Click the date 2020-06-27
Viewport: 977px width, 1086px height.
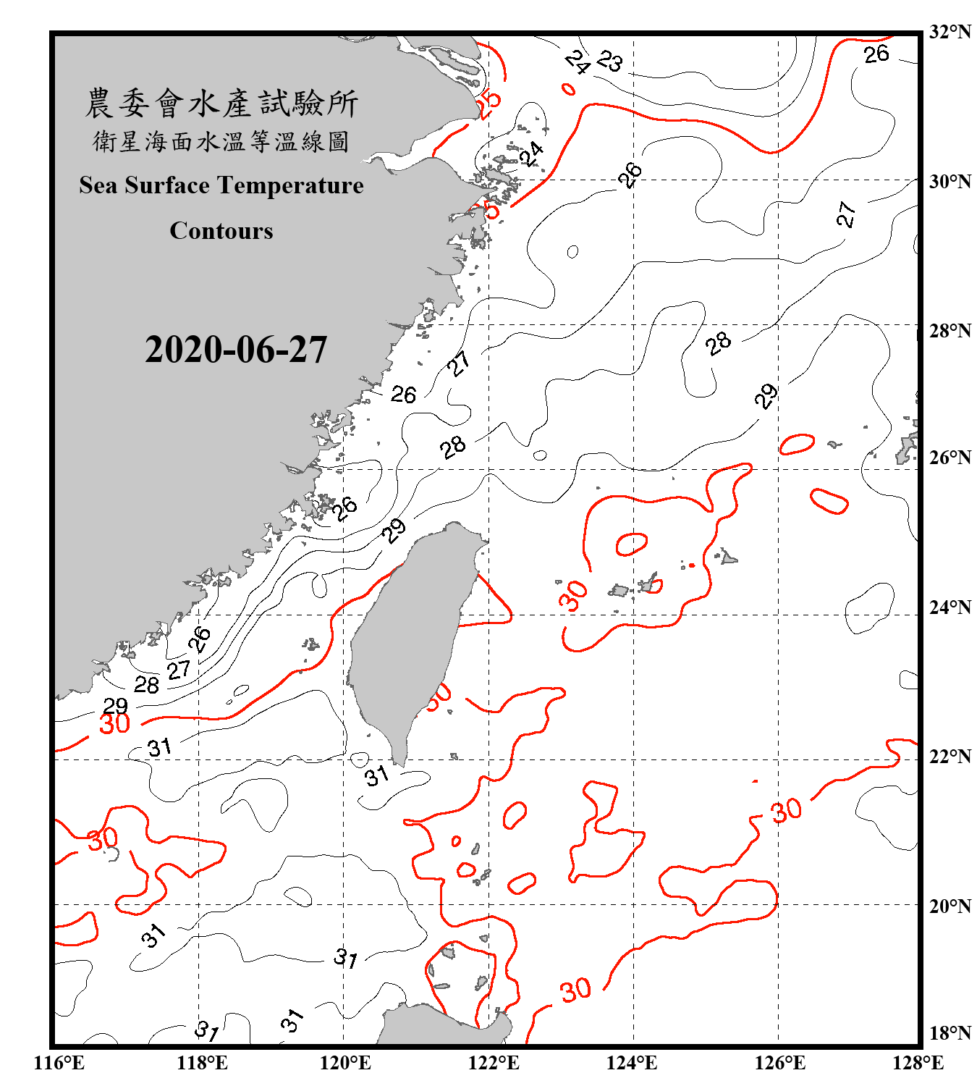[236, 350]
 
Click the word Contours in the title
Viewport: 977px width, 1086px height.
[221, 231]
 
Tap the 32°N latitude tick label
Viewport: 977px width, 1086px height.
[949, 32]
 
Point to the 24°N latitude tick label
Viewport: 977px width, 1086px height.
[949, 607]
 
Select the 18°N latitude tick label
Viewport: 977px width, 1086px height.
[949, 1033]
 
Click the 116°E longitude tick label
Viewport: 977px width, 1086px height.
[59, 1063]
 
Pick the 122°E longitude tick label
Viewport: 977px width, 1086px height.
[494, 1063]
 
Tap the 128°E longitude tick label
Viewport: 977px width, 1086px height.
[918, 1063]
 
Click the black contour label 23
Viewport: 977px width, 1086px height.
[610, 62]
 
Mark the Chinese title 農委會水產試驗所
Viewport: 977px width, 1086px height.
[221, 103]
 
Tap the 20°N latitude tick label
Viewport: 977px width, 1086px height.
[949, 906]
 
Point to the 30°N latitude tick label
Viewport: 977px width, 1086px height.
[949, 181]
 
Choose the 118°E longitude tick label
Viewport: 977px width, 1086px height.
[202, 1063]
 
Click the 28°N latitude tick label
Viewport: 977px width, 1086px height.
[949, 331]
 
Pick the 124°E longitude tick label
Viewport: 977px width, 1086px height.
[632, 1063]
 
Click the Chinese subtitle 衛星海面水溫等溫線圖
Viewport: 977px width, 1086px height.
[221, 142]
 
